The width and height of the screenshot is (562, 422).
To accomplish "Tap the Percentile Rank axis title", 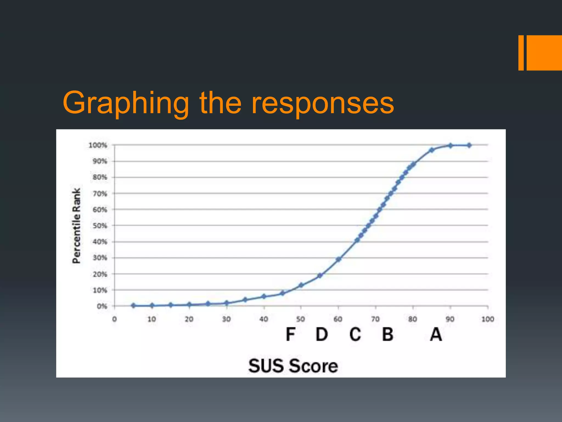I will point(77,226).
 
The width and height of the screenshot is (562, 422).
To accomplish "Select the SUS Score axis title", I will point(293,366).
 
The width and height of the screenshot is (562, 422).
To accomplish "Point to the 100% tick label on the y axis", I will point(98,145).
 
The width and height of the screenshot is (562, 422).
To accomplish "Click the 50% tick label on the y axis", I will point(100,226).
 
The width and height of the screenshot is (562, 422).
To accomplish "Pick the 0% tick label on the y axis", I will point(102,306).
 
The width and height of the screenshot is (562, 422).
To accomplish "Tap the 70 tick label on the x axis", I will point(375,319).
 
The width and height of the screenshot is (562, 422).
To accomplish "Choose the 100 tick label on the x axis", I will point(488,319).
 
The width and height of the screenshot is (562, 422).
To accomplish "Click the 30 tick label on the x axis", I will point(226,319).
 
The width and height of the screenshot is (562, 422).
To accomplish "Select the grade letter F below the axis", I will point(290,334).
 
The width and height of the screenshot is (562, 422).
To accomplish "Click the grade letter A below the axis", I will point(436,334).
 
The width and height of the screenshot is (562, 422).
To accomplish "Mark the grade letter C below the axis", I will point(355,334).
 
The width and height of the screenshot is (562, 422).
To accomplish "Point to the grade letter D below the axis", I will point(322,334).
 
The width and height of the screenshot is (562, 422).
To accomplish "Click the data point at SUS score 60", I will point(338,259).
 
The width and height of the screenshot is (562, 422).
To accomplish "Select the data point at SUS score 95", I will point(469,145).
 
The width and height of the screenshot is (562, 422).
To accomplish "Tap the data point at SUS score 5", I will point(133,306).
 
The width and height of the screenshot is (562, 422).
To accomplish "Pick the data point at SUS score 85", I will point(432,150).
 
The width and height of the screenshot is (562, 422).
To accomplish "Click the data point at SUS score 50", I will point(301,285).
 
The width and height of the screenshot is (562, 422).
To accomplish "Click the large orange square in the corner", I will point(544,53).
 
